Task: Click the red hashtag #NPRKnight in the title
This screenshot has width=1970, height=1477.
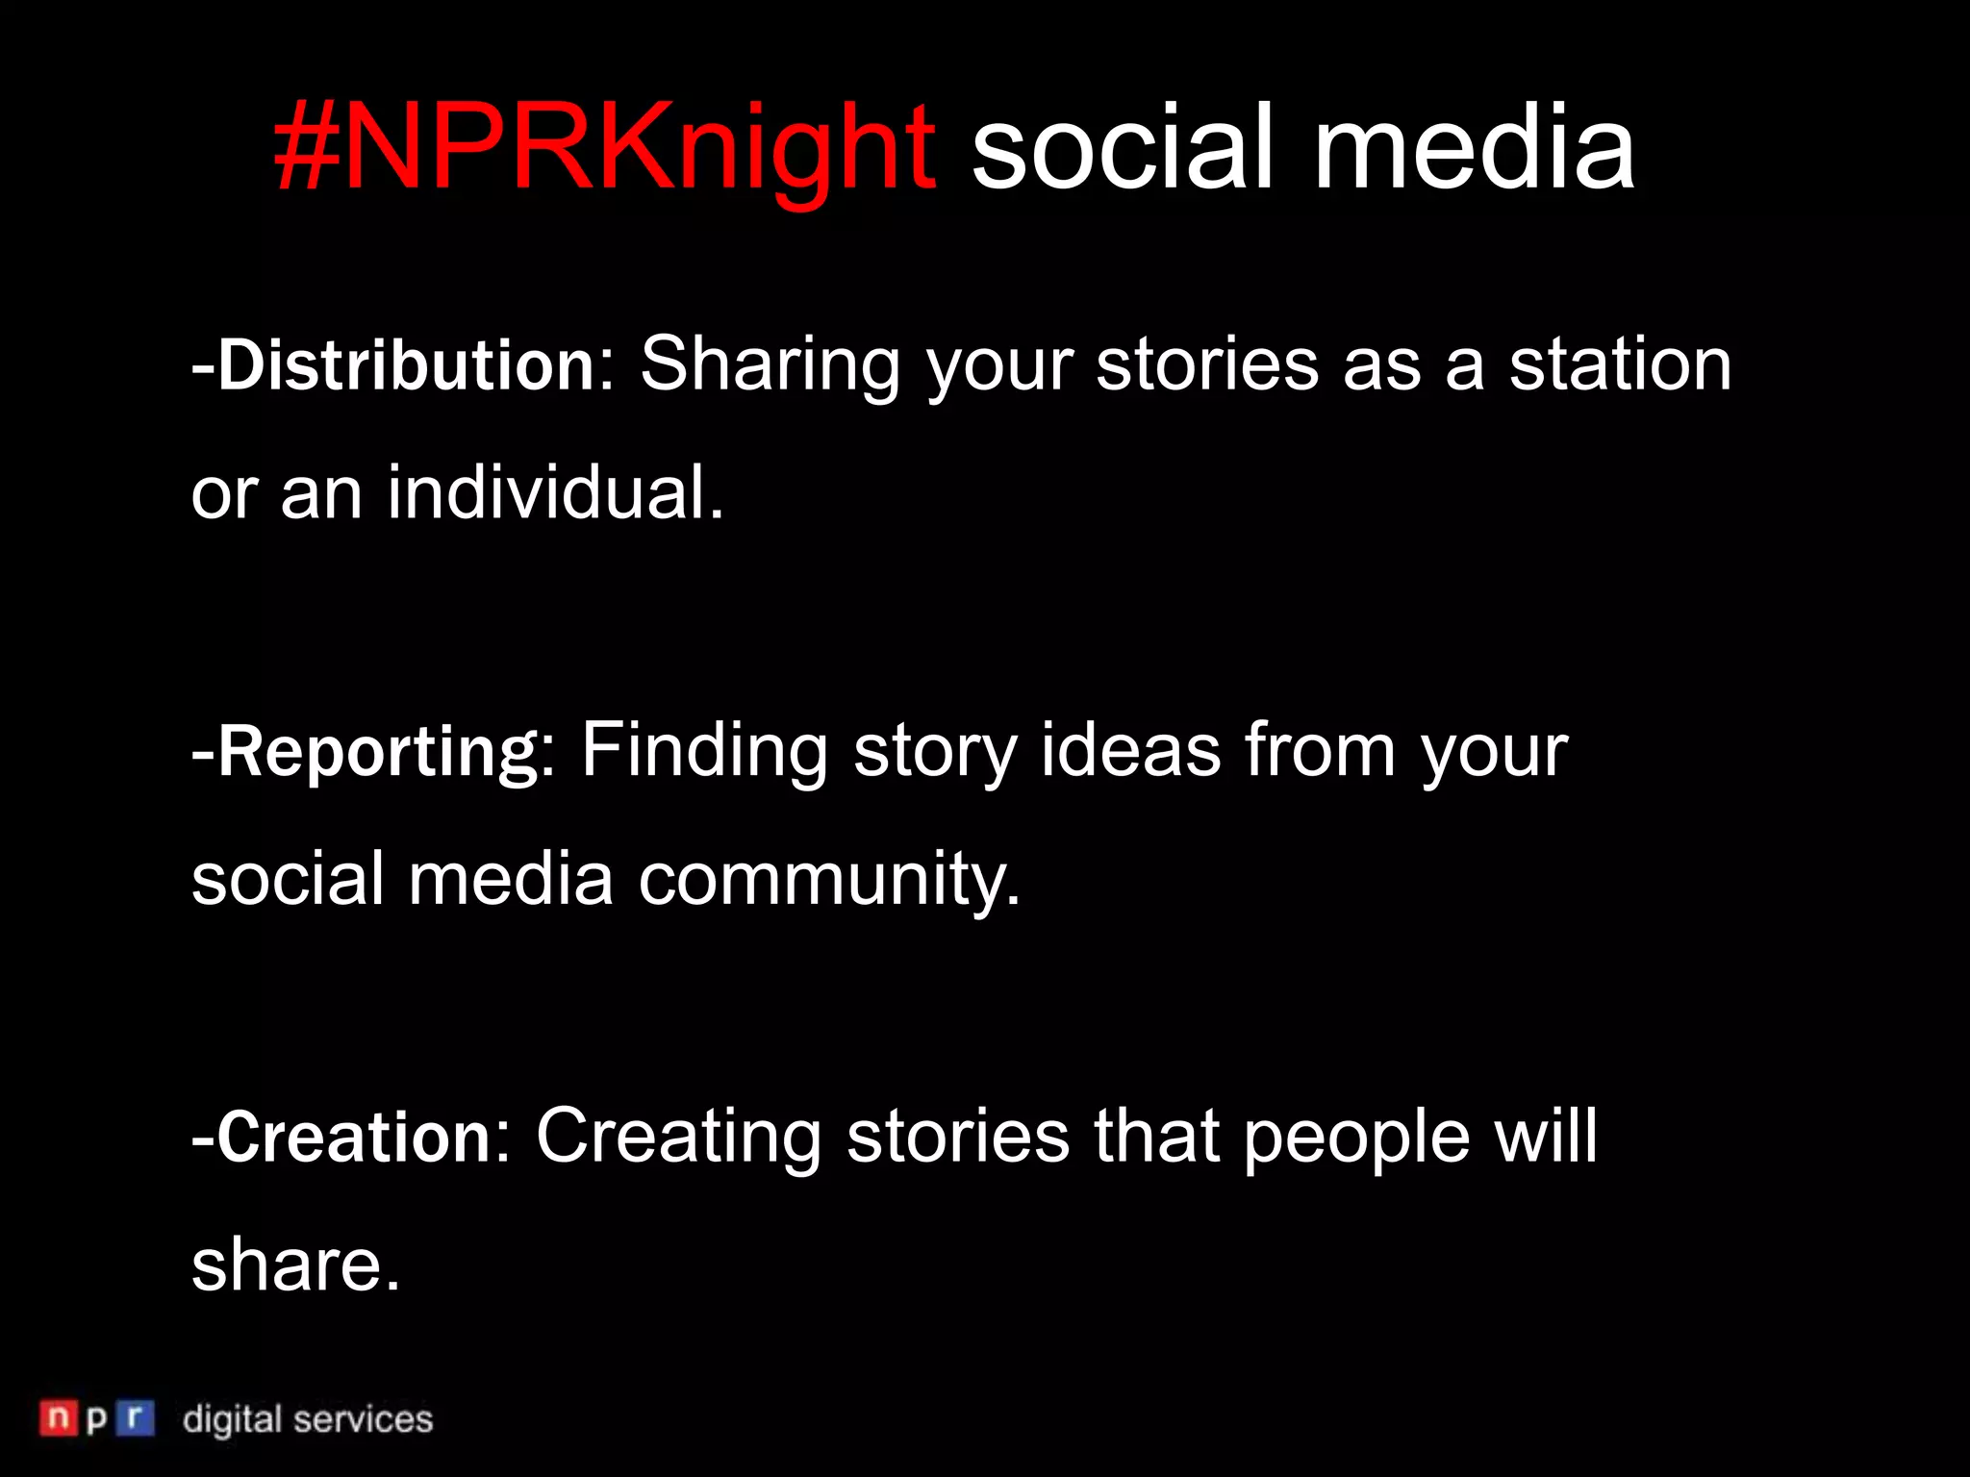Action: point(604,149)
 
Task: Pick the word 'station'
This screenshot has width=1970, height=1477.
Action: point(1620,365)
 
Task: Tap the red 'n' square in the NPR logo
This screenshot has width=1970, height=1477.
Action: point(58,1418)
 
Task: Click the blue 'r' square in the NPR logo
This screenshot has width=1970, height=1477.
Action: point(135,1418)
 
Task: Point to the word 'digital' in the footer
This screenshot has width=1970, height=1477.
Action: point(233,1420)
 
